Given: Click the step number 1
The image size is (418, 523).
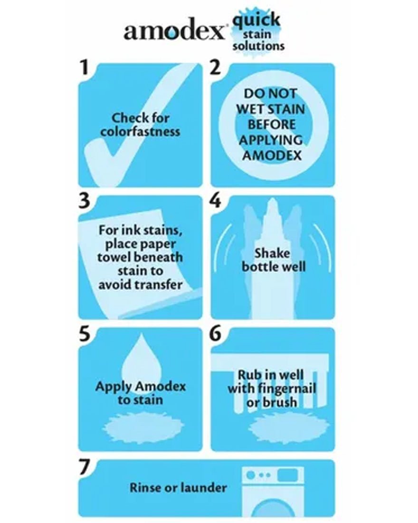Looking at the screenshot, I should coord(84,68).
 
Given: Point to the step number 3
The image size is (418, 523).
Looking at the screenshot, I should coord(84,201).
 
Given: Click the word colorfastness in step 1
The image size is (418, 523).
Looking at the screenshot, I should coord(140,131).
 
